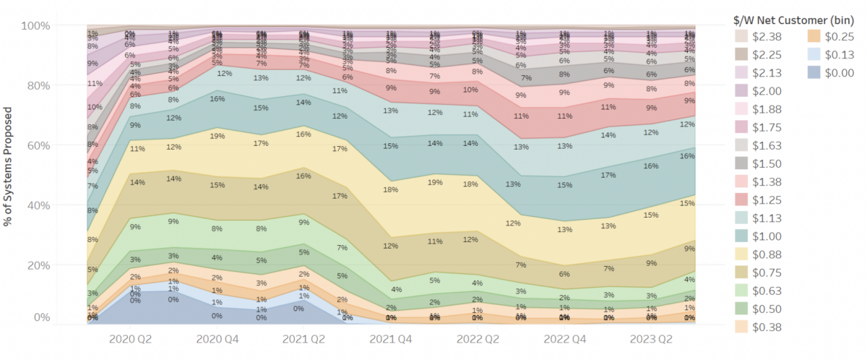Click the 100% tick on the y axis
pos(35,26)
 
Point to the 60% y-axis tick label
pos(38,145)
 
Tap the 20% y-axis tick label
pos(38,265)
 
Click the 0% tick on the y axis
pos(40,318)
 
